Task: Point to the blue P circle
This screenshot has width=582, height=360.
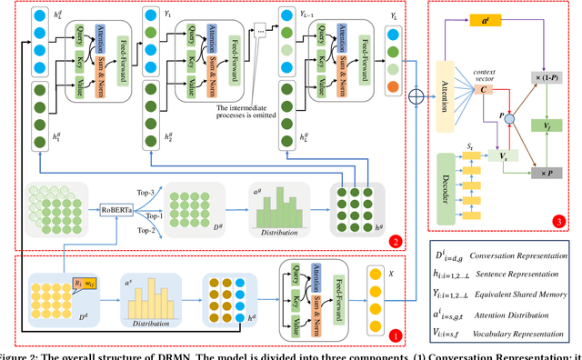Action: (x=509, y=117)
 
